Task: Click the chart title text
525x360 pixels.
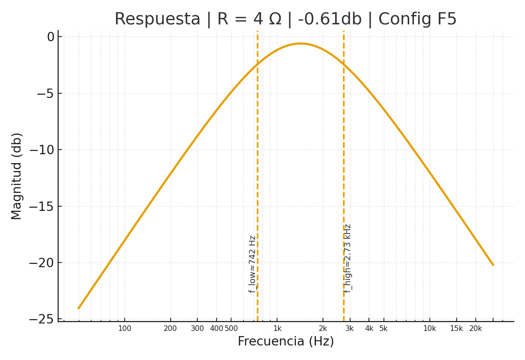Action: (285, 20)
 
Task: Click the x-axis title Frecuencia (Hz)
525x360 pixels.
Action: (285, 342)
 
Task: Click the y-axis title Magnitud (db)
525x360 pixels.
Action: (17, 176)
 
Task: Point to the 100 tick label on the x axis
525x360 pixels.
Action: (125, 329)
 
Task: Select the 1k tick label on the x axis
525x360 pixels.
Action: (277, 329)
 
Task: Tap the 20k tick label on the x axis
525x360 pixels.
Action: (476, 329)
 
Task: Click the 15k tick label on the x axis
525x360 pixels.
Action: (457, 329)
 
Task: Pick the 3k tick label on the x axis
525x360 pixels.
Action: (350, 329)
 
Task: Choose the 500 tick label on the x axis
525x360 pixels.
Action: (231, 329)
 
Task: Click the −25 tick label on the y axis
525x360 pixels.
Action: (42, 319)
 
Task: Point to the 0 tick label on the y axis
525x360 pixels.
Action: (51, 37)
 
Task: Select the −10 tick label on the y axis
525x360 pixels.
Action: (42, 150)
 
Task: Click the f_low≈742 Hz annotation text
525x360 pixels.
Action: (253, 264)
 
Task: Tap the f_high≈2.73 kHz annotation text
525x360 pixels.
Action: (347, 258)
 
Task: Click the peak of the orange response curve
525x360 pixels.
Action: (300, 44)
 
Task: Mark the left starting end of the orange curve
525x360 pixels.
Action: (78, 308)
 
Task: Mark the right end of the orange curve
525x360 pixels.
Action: (493, 265)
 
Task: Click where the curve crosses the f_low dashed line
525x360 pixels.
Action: (257, 65)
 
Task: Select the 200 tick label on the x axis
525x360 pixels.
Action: (170, 329)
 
